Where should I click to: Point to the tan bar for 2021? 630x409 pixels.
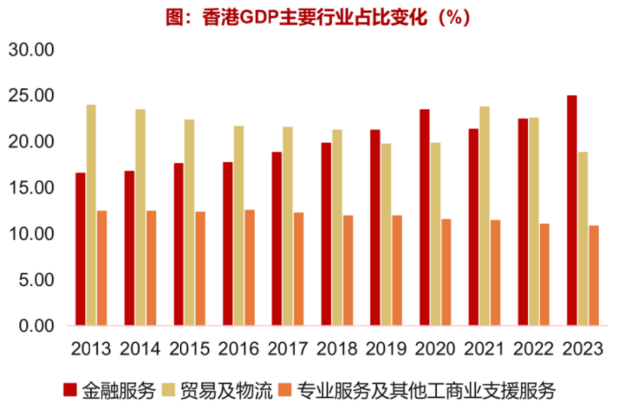(484, 216)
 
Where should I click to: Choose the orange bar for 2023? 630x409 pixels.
(594, 275)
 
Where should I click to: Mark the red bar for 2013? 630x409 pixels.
(80, 249)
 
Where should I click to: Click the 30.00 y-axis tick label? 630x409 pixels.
(31, 50)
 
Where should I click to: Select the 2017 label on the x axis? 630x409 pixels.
(287, 349)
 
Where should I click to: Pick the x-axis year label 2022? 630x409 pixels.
(534, 349)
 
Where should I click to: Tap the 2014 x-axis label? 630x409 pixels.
(140, 349)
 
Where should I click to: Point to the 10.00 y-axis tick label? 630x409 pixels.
(31, 234)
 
